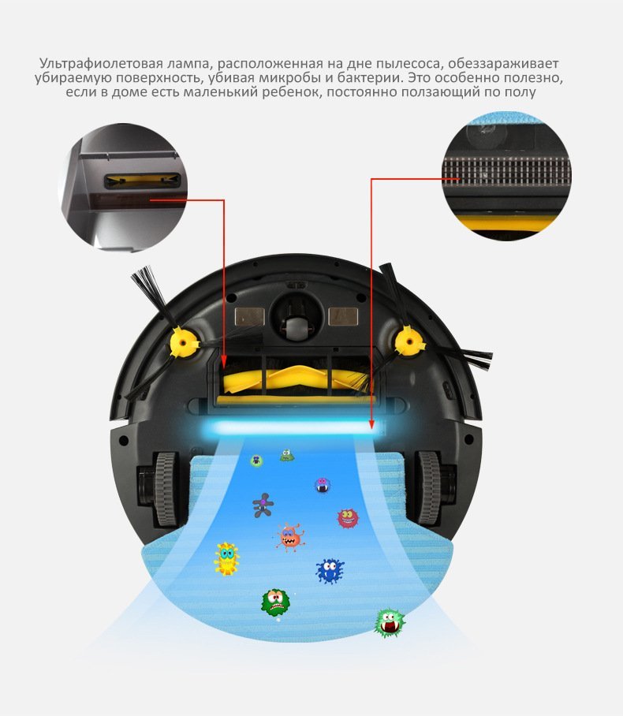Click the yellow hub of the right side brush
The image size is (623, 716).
point(408,341)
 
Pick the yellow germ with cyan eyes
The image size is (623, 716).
point(226,558)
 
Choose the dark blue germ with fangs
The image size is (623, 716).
point(329,570)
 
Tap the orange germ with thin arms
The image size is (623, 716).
point(290,537)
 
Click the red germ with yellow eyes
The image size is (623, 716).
point(347,518)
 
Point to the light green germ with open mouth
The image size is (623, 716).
point(390,622)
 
